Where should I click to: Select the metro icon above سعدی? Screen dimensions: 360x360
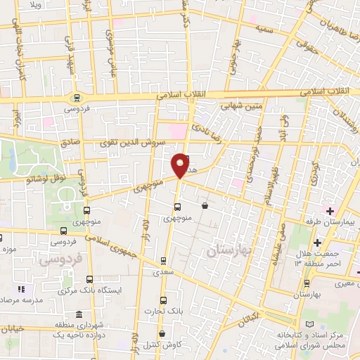[164, 259]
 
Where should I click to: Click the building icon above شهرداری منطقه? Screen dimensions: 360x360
[78, 314]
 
